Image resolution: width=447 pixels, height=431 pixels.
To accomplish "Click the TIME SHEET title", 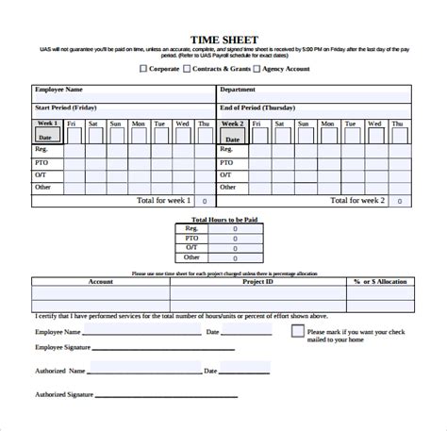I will point(223,40).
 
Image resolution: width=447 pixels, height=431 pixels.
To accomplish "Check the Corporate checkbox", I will point(144,68).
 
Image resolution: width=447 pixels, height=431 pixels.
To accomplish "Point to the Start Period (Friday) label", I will point(71,108).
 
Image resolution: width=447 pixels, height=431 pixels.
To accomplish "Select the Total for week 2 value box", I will point(399,201).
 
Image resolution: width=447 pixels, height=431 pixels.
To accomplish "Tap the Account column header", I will point(101,281).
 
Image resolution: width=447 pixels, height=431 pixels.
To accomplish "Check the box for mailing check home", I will point(298,332).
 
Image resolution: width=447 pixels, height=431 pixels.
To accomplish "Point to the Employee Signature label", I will point(65,349).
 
